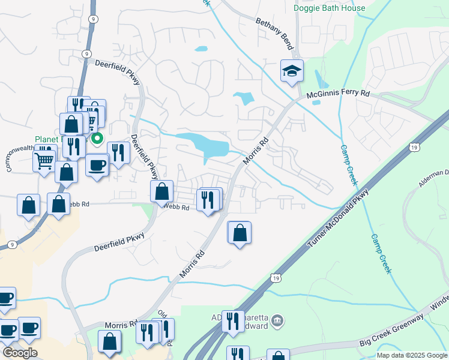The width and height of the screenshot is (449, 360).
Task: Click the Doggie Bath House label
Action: (329, 8)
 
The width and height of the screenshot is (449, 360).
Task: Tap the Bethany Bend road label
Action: (274, 34)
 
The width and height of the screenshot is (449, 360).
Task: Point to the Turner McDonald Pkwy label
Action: (339, 218)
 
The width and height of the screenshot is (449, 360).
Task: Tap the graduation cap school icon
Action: (292, 71)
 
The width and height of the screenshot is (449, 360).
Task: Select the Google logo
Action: (19, 352)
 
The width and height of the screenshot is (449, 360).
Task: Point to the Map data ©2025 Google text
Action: (412, 355)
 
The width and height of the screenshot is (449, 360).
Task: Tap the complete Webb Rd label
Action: (177, 208)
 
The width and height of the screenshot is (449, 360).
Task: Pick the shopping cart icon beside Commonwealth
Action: (44, 161)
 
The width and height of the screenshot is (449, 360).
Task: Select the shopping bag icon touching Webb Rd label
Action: (161, 192)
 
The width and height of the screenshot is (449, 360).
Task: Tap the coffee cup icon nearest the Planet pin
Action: (97, 166)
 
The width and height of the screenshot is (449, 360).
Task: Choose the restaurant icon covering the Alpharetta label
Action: (233, 321)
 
